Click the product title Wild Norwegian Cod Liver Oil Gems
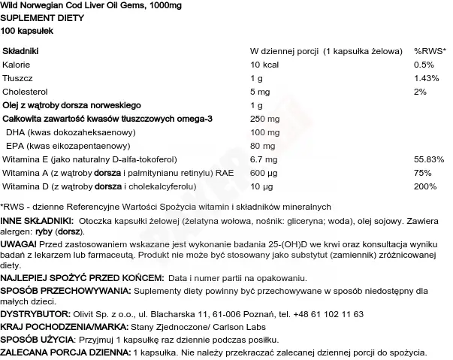(75, 6)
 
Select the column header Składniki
(22, 50)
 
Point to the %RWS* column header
(430, 50)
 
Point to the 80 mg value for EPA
(260, 145)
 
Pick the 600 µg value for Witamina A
(261, 173)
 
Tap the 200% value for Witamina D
(424, 186)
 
